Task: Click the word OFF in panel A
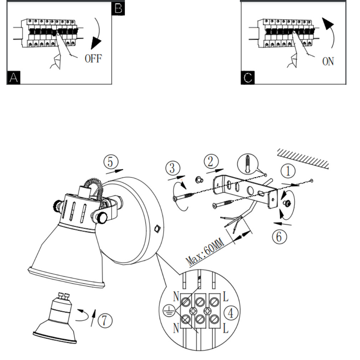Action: coord(93,58)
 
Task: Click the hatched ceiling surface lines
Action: coord(303,157)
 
